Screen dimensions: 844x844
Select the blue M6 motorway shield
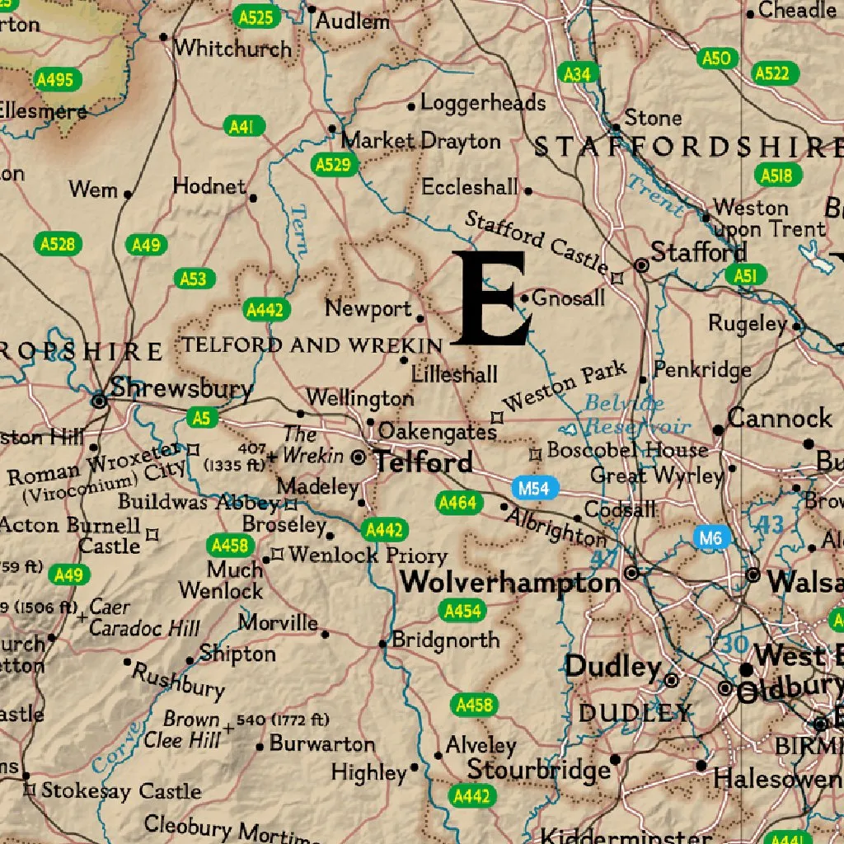click(x=711, y=539)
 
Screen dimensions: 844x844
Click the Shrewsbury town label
click(x=181, y=387)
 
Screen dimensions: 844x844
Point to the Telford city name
click(x=424, y=462)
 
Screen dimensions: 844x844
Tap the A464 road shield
click(x=457, y=502)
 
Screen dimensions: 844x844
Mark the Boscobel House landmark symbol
click(x=535, y=452)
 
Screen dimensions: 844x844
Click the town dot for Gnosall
click(x=524, y=298)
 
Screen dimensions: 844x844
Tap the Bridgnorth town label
click(x=445, y=640)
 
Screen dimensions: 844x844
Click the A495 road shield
click(x=55, y=80)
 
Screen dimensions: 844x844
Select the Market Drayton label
click(x=420, y=141)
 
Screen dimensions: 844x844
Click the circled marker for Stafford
click(x=641, y=265)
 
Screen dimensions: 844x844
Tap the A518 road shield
click(x=776, y=175)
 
